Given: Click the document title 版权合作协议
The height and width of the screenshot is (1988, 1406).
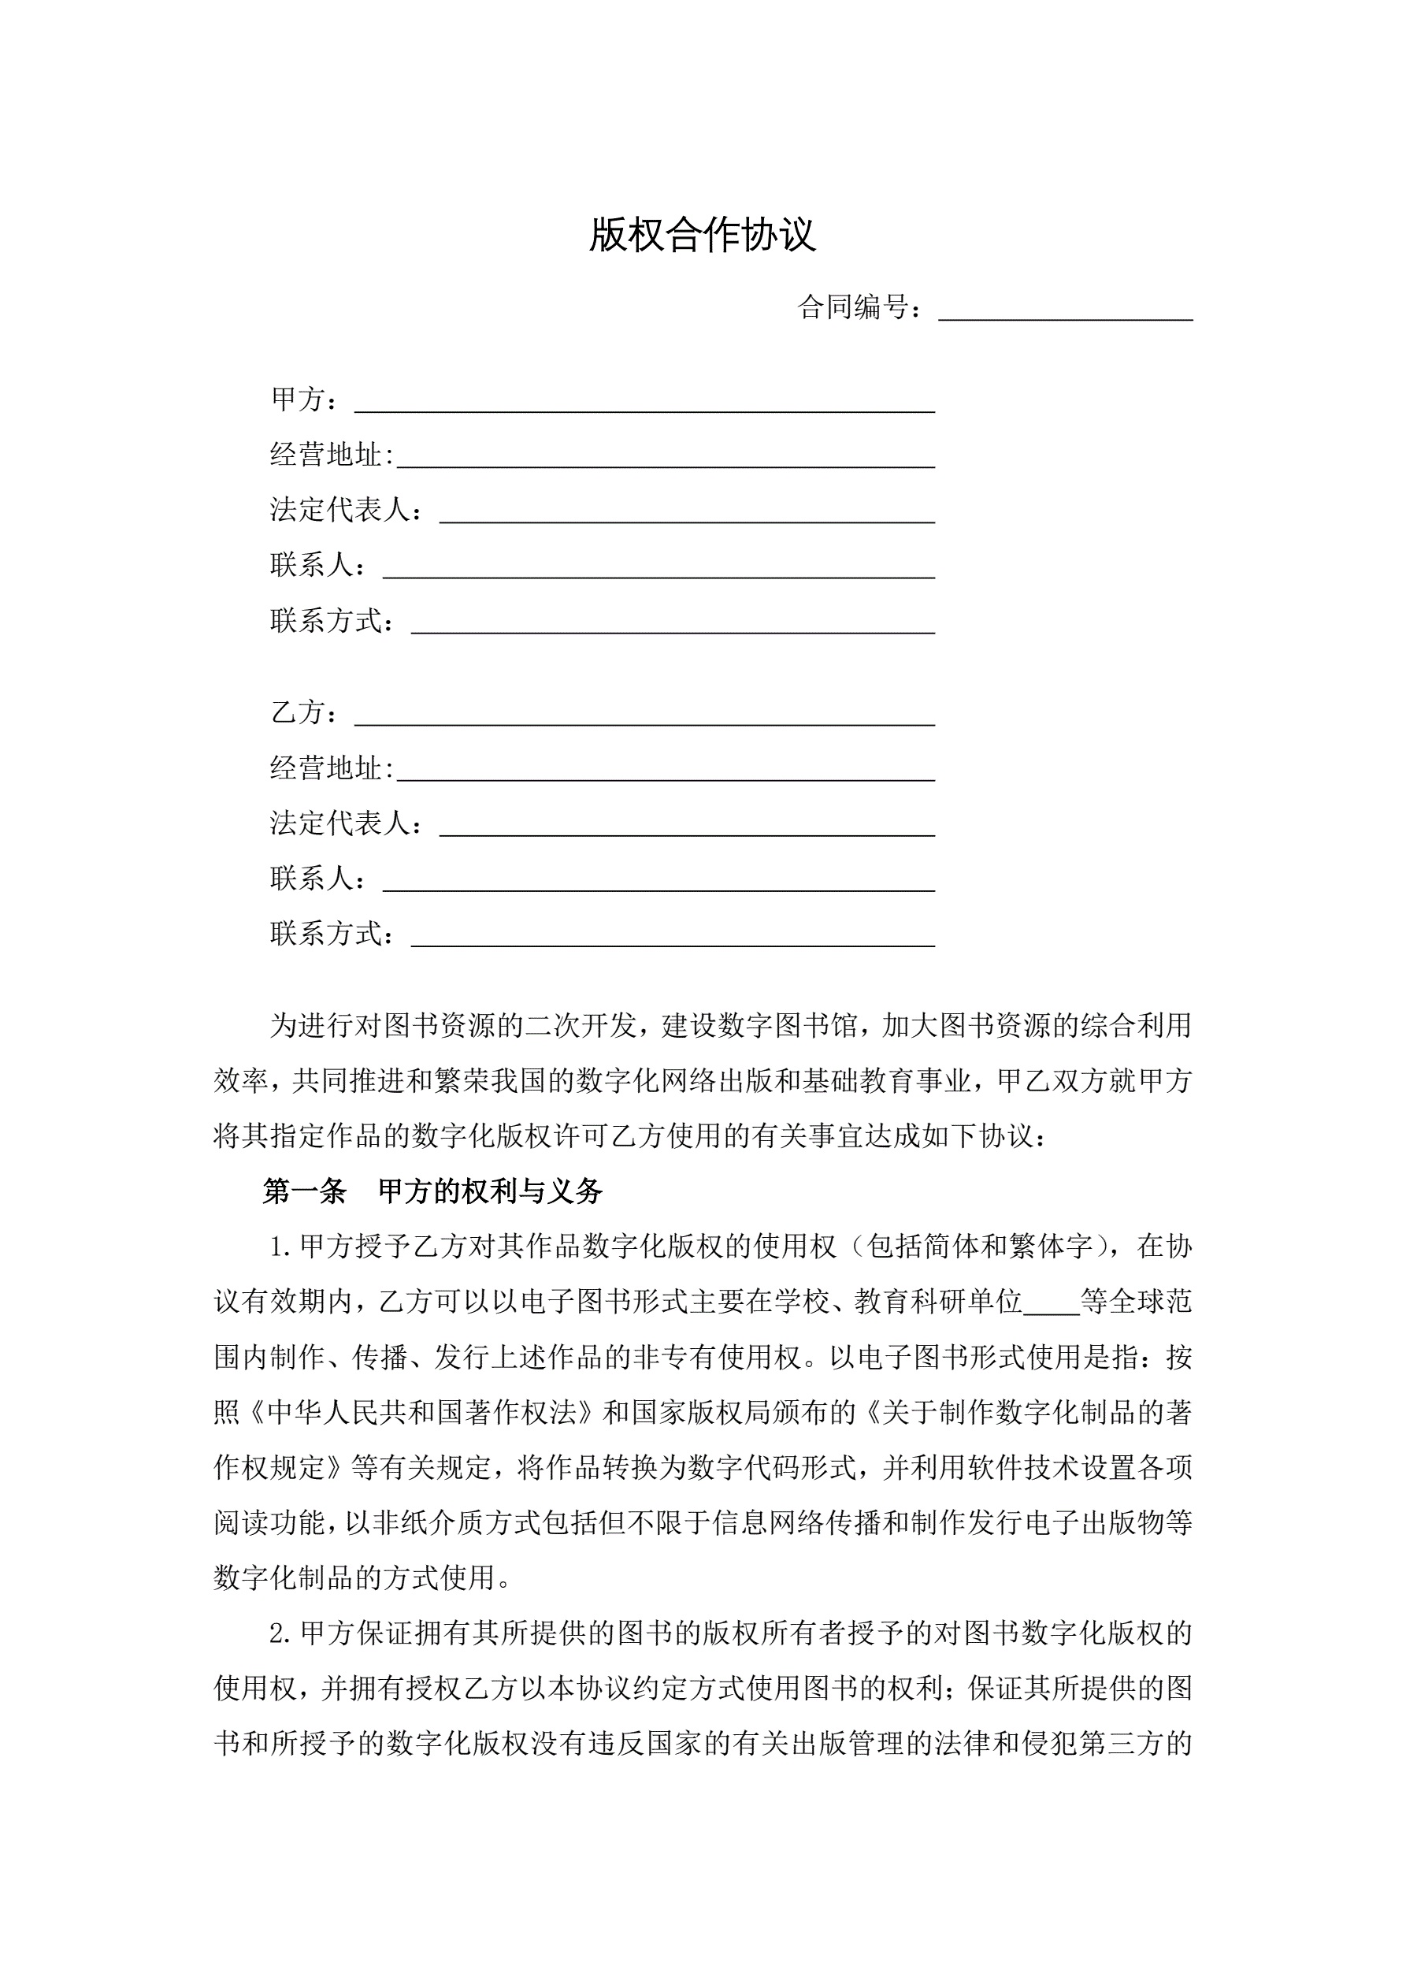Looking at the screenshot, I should (x=702, y=235).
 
